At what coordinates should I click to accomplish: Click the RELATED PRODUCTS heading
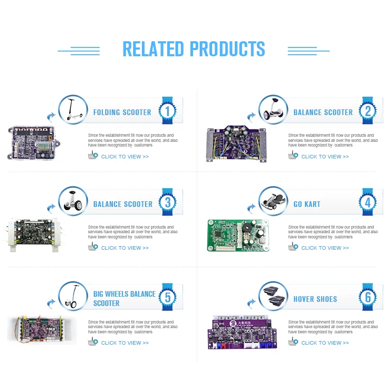[193, 49]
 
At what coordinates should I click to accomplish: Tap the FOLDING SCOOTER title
[122, 112]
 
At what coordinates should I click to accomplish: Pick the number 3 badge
[168, 203]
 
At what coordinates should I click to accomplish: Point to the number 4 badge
[368, 203]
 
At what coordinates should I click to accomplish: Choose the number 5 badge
[168, 298]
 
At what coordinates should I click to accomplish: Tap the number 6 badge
[368, 298]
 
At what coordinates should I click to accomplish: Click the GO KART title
[307, 204]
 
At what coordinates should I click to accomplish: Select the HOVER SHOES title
[315, 299]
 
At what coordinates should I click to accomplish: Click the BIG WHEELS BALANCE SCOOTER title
[124, 298]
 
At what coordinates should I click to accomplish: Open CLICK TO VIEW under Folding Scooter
[125, 156]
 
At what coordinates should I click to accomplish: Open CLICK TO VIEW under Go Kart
[325, 248]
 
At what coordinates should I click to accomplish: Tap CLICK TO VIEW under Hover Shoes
[325, 343]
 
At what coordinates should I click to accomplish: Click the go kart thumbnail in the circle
[273, 202]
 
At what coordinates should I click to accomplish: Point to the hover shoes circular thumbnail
[273, 296]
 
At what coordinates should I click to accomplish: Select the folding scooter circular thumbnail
[73, 110]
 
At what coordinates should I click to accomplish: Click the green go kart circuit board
[238, 235]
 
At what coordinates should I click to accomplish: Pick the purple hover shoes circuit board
[241, 330]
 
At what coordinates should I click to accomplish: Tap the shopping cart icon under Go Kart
[293, 247]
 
